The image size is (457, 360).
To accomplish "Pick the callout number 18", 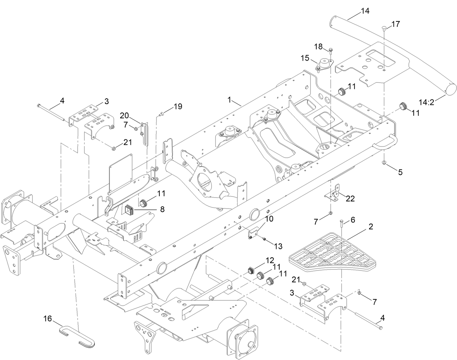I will pyautogui.click(x=318, y=46).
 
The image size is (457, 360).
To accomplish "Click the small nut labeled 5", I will pyautogui.click(x=384, y=163).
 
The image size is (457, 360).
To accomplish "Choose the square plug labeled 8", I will pyautogui.click(x=129, y=209).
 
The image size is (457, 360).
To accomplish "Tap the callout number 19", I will pyautogui.click(x=178, y=106).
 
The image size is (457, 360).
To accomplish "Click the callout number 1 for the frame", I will pyautogui.click(x=229, y=99).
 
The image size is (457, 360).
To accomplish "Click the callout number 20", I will pyautogui.click(x=124, y=115).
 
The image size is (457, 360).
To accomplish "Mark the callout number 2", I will pyautogui.click(x=371, y=227).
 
